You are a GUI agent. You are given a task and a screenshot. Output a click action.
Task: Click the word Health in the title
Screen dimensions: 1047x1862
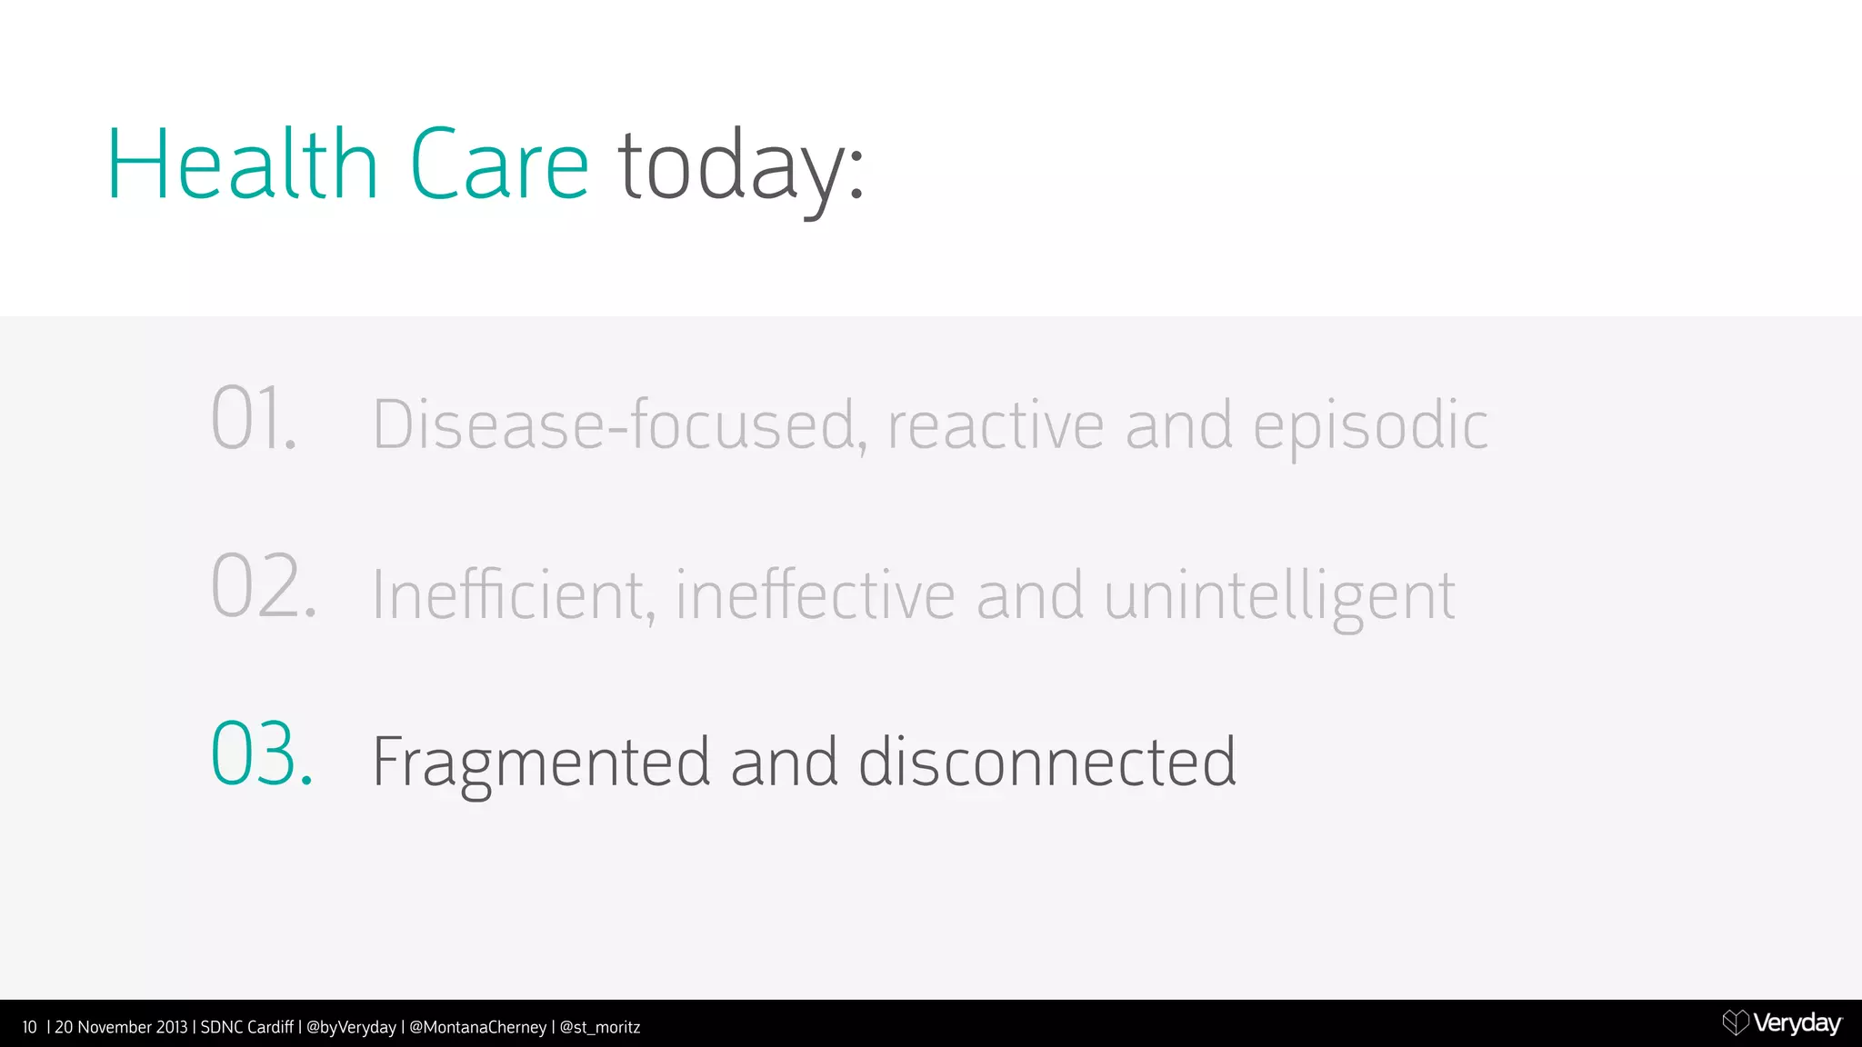[242, 165]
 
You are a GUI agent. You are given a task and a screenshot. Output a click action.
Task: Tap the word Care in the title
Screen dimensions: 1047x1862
[499, 165]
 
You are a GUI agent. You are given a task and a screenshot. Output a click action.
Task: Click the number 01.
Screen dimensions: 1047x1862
[254, 419]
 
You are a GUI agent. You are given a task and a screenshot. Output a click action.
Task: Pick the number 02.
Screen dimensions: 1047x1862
[264, 587]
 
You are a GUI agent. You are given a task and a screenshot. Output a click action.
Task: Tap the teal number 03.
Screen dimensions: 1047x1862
[262, 754]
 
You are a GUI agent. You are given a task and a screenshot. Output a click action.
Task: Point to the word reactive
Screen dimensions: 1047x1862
[996, 425]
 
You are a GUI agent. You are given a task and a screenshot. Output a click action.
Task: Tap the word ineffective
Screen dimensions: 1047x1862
[815, 595]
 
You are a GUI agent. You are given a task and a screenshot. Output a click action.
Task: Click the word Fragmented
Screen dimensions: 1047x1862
[541, 763]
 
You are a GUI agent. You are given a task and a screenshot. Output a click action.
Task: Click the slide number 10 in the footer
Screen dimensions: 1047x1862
[29, 1027]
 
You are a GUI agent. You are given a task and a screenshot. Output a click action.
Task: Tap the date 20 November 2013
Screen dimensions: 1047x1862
[121, 1027]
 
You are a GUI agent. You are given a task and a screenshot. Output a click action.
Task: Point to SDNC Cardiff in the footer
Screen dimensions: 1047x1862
[246, 1027]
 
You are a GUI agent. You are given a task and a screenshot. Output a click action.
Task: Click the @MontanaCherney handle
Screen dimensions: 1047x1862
[477, 1027]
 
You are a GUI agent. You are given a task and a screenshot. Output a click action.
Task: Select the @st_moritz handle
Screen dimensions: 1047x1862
[600, 1027]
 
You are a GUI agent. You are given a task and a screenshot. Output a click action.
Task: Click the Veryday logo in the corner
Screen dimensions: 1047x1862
[1782, 1023]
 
